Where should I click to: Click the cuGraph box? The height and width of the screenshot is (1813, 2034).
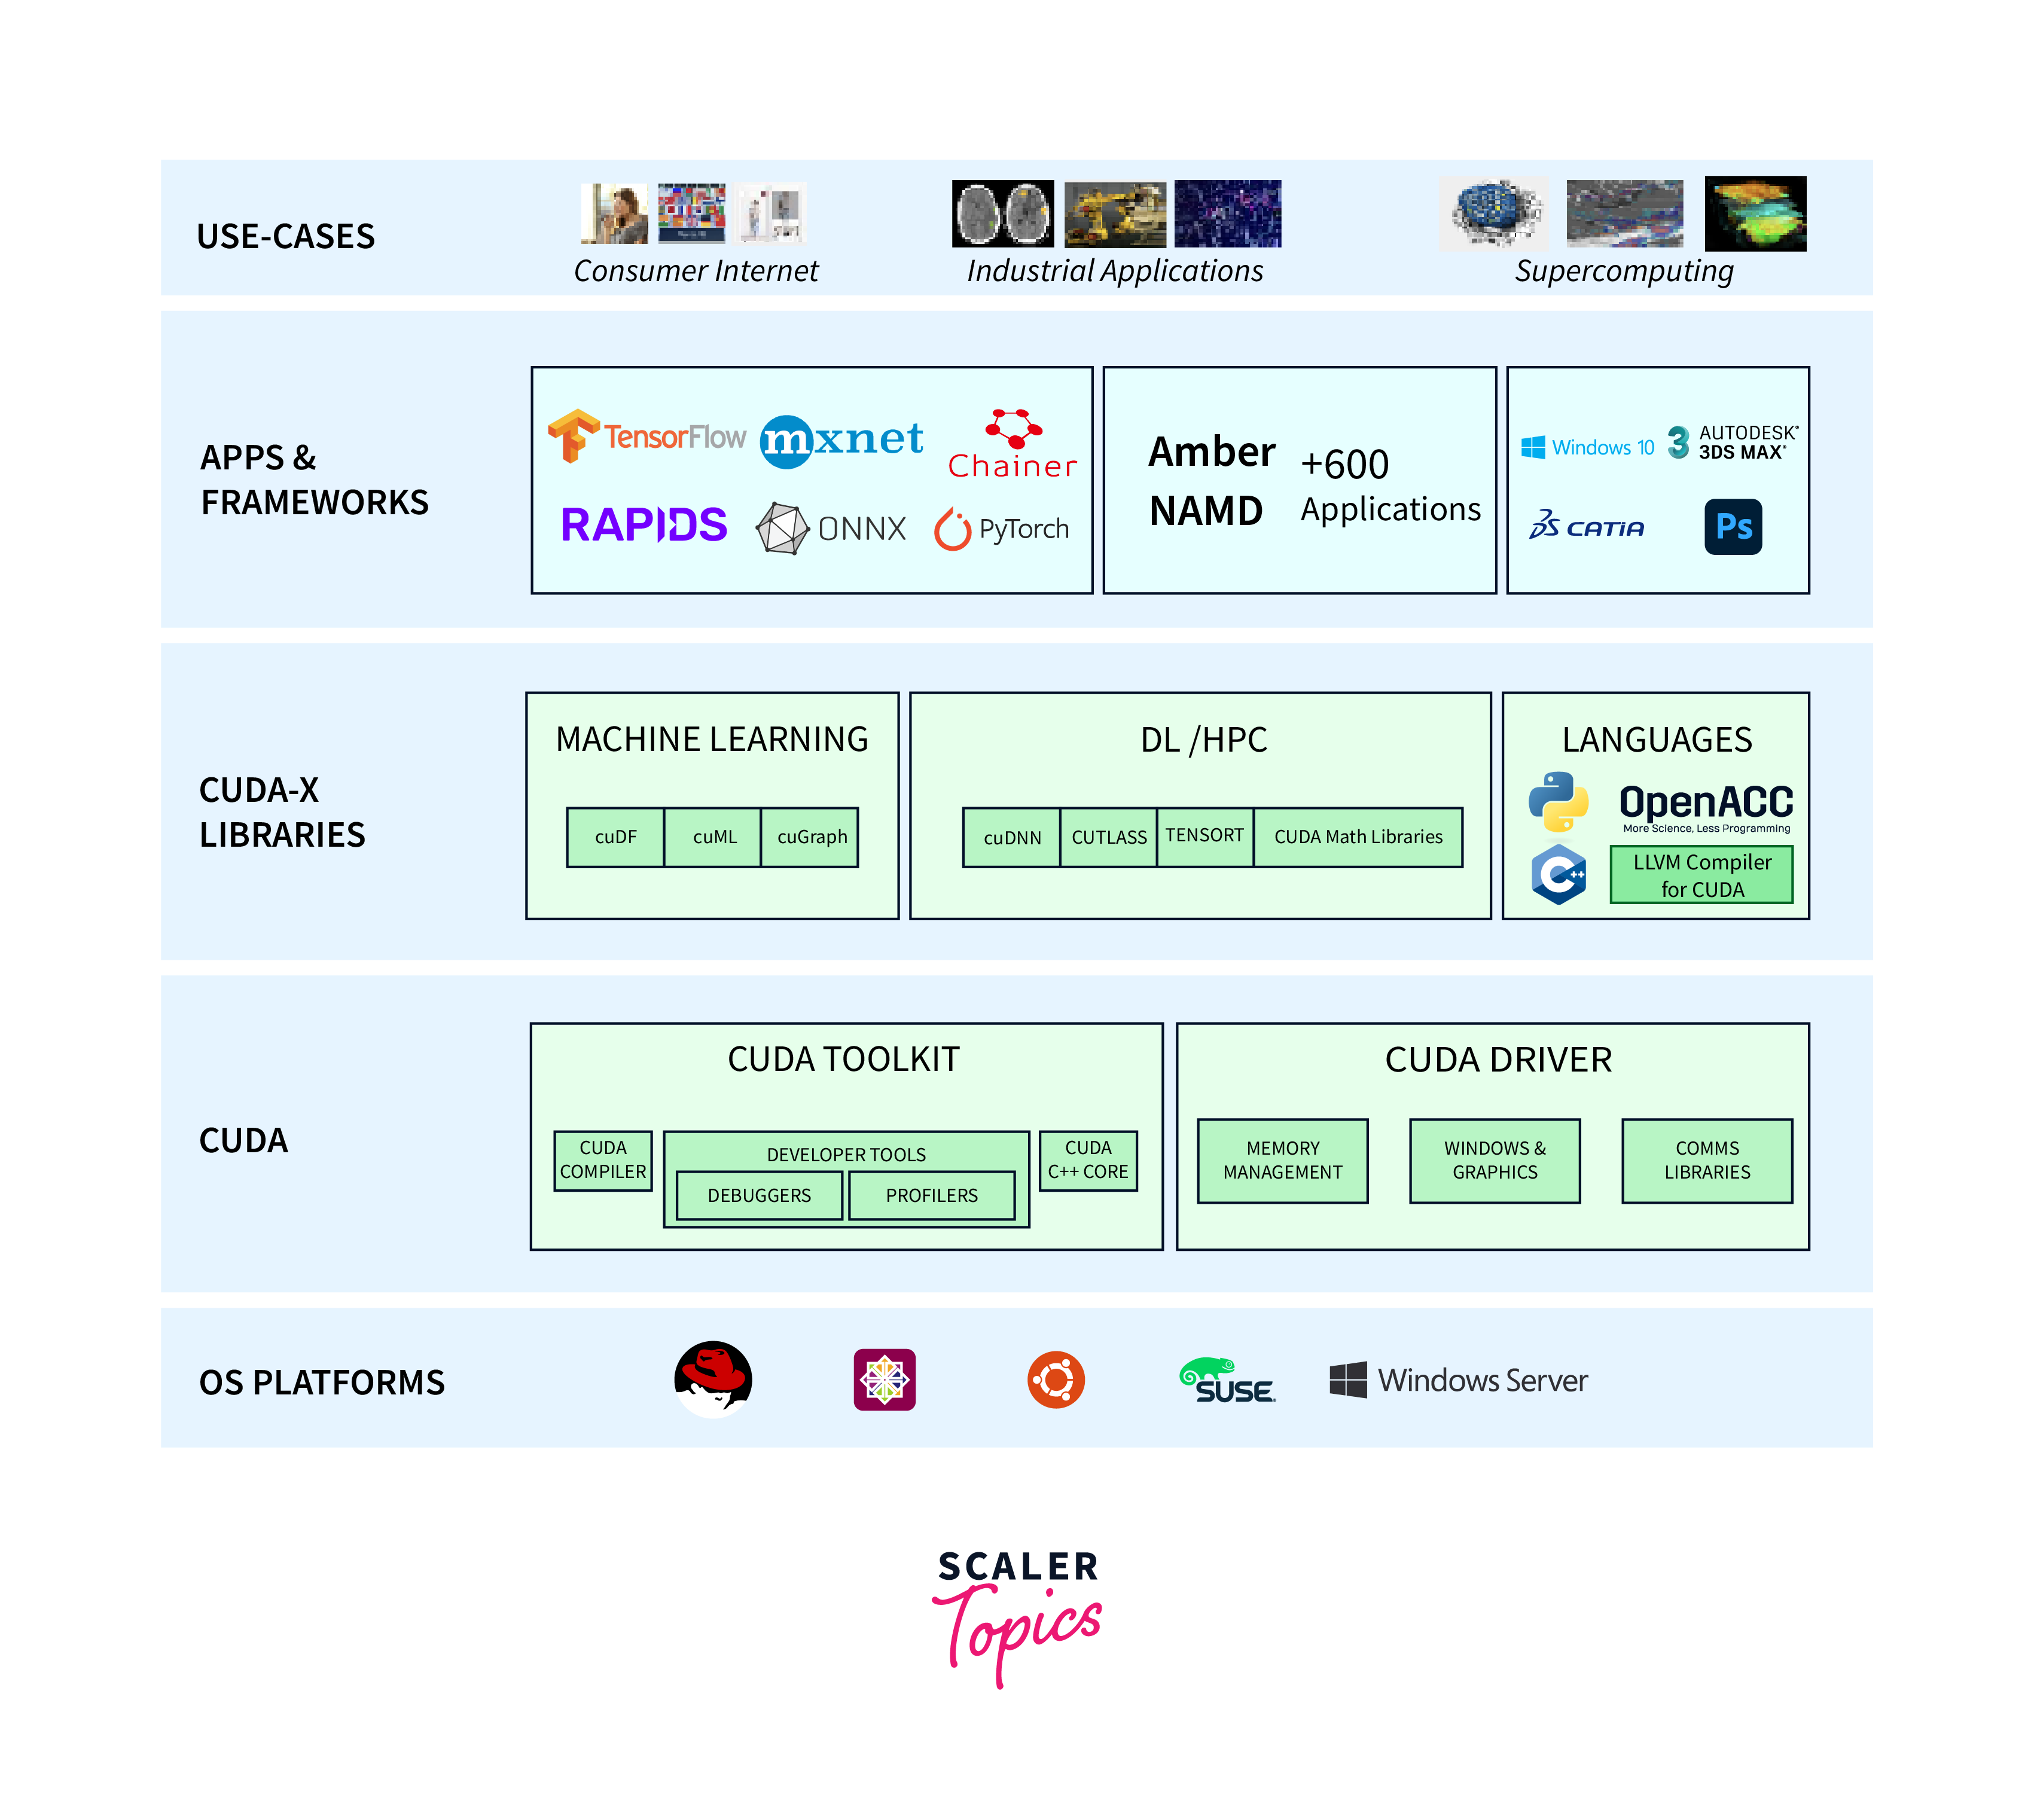(x=811, y=837)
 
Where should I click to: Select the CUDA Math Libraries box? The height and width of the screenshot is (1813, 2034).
(x=1358, y=837)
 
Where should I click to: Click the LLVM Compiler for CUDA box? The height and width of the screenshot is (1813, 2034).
(x=1701, y=875)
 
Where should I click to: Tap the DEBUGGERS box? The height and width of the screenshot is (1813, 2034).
(x=759, y=1195)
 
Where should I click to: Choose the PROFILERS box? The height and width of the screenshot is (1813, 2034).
(x=931, y=1195)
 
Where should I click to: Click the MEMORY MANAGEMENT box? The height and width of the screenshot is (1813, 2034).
(x=1282, y=1161)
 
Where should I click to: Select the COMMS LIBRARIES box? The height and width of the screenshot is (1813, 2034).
(x=1706, y=1161)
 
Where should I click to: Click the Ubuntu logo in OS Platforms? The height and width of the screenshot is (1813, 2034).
(x=1056, y=1379)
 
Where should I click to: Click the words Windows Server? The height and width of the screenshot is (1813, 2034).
(x=1481, y=1381)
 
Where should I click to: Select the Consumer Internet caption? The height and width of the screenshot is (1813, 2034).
(x=696, y=271)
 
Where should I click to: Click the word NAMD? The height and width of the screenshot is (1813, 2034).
(x=1205, y=512)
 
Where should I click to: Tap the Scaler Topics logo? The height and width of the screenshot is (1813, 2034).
(x=1017, y=1614)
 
